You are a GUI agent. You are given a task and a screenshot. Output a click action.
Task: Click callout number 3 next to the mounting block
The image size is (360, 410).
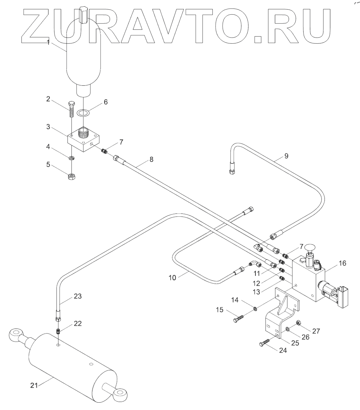[x=48, y=127]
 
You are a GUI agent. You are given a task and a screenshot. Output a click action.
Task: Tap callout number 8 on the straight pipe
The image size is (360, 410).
[x=151, y=159]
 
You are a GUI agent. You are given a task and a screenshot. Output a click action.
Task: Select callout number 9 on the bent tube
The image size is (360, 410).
[x=286, y=156]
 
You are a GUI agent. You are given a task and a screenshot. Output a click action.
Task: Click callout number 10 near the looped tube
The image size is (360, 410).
[x=172, y=278]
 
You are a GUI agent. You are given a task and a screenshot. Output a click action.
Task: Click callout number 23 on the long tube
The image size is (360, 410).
[x=78, y=297]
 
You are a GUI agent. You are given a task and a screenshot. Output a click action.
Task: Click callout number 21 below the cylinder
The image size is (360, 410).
[x=34, y=386]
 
